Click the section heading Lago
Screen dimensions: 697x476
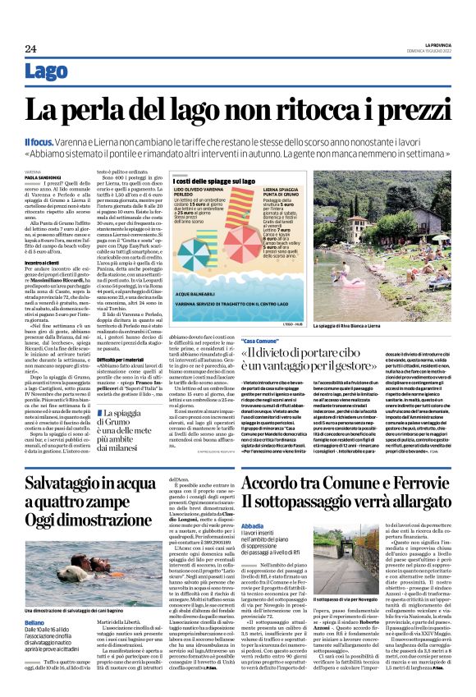[x=47, y=72]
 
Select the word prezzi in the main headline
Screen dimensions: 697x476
[x=400, y=110]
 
